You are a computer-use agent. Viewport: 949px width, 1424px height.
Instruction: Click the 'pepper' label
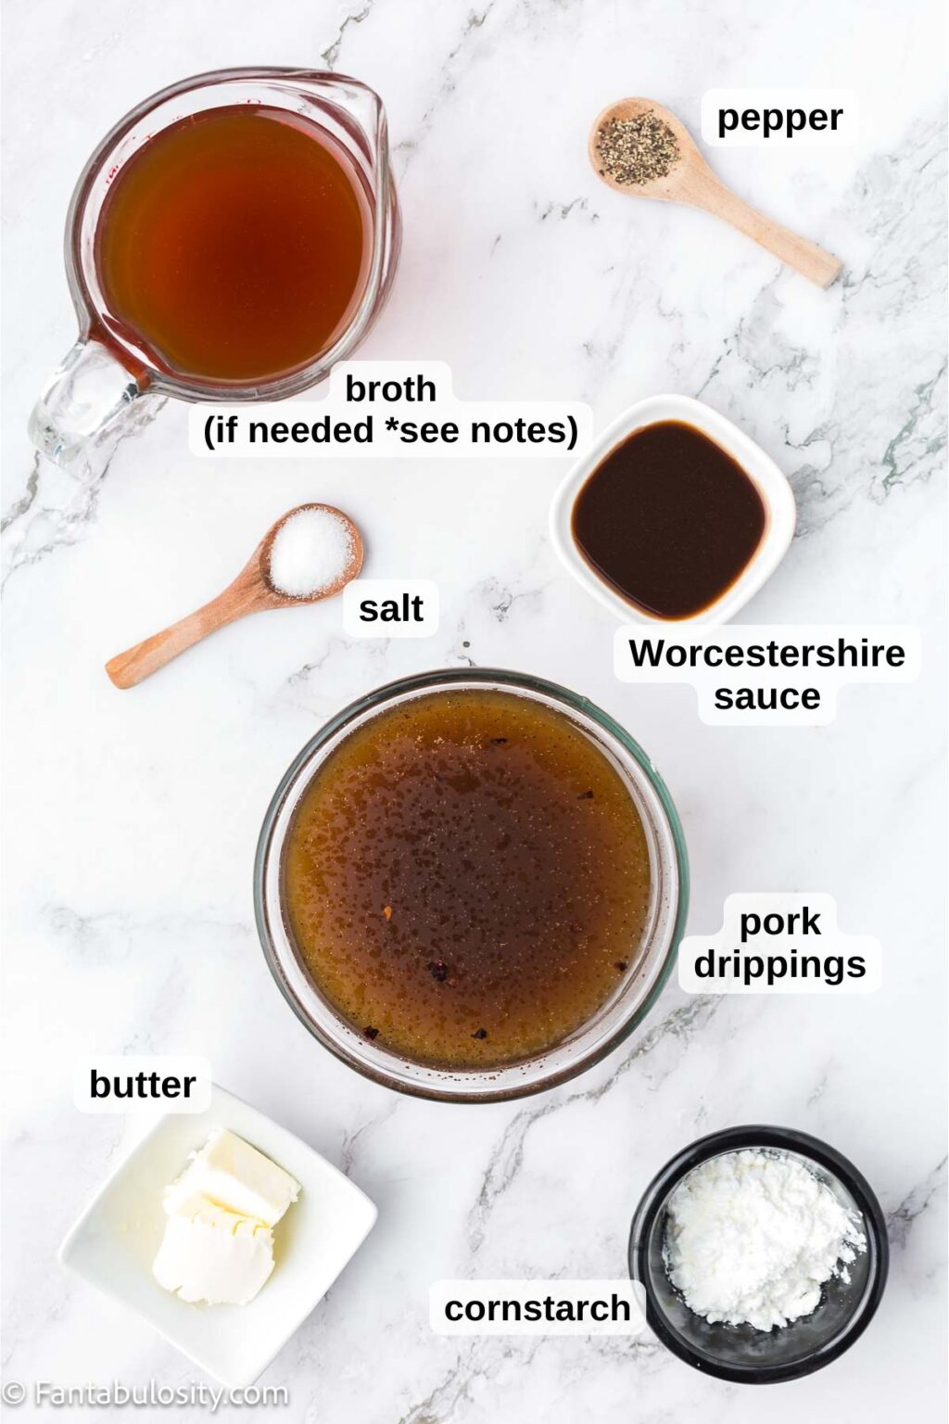[779, 118]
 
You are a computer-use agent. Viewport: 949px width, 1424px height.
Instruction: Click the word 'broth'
[390, 388]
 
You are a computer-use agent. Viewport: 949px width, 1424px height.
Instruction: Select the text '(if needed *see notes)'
[390, 430]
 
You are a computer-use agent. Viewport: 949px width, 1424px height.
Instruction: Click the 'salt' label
[390, 608]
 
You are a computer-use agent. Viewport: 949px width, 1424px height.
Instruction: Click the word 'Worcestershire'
[766, 653]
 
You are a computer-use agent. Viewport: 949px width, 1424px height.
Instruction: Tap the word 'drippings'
[779, 964]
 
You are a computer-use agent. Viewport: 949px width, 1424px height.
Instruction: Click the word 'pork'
[779, 922]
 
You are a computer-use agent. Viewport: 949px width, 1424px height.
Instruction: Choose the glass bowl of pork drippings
[469, 881]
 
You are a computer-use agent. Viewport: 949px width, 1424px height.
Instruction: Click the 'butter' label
[142, 1084]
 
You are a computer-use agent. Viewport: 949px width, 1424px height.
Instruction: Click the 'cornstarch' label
[537, 1308]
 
